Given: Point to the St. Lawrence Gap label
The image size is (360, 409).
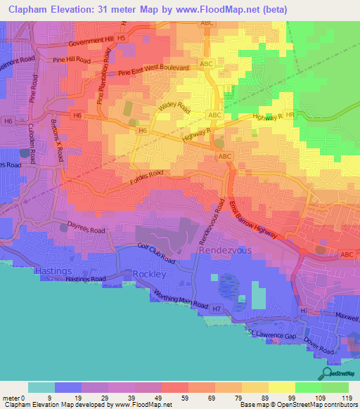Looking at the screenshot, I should click(x=276, y=334).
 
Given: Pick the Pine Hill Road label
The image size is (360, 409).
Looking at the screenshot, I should click(x=72, y=61).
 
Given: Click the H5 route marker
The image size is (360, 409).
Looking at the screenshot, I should click(x=122, y=37).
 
